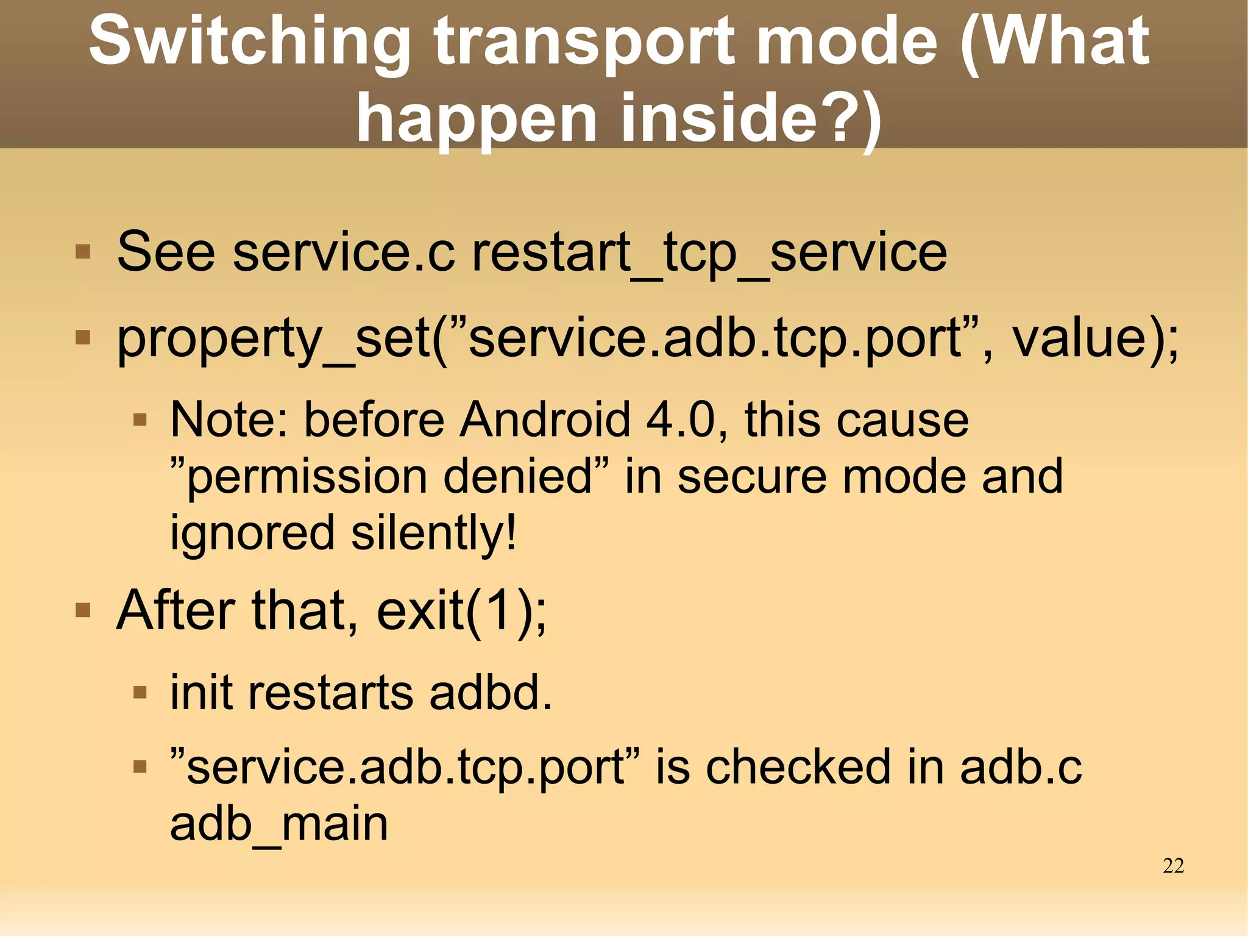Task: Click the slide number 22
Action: click(1173, 866)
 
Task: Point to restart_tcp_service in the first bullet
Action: click(709, 252)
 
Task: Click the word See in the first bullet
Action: click(166, 252)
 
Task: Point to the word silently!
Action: click(434, 532)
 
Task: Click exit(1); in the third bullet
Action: click(461, 610)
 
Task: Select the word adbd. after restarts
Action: click(491, 693)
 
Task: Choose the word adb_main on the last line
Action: click(278, 823)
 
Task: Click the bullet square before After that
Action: click(83, 610)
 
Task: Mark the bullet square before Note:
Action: click(140, 420)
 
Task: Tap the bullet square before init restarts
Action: click(140, 693)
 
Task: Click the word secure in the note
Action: click(752, 476)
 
